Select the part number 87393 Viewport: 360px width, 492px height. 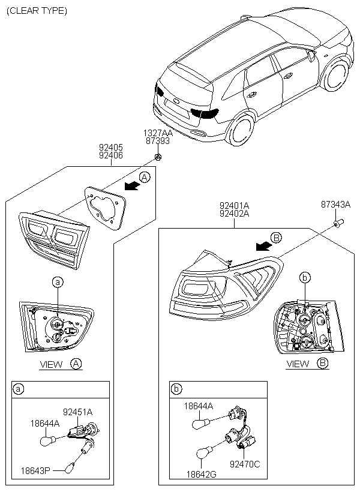(x=157, y=141)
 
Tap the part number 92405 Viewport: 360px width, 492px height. (x=111, y=146)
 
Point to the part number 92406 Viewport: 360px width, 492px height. (x=111, y=155)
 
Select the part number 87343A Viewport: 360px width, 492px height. (x=335, y=205)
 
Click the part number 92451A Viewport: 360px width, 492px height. (x=78, y=412)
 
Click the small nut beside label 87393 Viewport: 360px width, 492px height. (x=157, y=157)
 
